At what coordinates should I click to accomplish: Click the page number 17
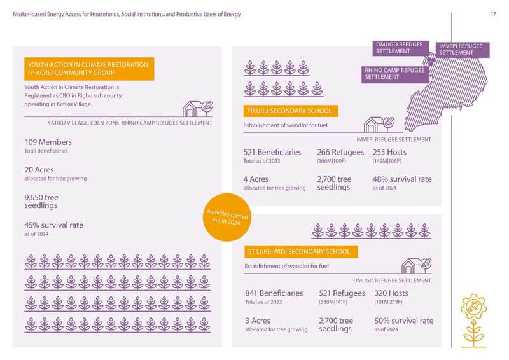(x=493, y=15)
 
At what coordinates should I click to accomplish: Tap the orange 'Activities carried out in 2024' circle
(x=228, y=218)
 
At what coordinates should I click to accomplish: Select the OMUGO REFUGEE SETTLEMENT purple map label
(x=399, y=48)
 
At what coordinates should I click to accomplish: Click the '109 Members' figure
(x=48, y=142)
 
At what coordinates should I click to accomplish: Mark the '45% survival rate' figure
(x=53, y=225)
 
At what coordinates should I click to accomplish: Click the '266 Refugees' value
(x=340, y=153)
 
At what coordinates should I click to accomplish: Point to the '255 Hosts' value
(x=389, y=153)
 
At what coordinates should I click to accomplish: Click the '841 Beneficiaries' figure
(x=274, y=293)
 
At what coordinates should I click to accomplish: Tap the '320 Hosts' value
(x=391, y=293)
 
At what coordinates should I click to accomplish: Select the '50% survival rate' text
(x=404, y=321)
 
